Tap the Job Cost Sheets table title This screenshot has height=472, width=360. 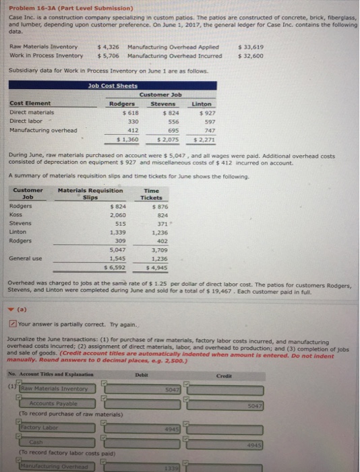[x=112, y=86]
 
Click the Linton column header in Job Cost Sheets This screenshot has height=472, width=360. [x=201, y=105]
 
